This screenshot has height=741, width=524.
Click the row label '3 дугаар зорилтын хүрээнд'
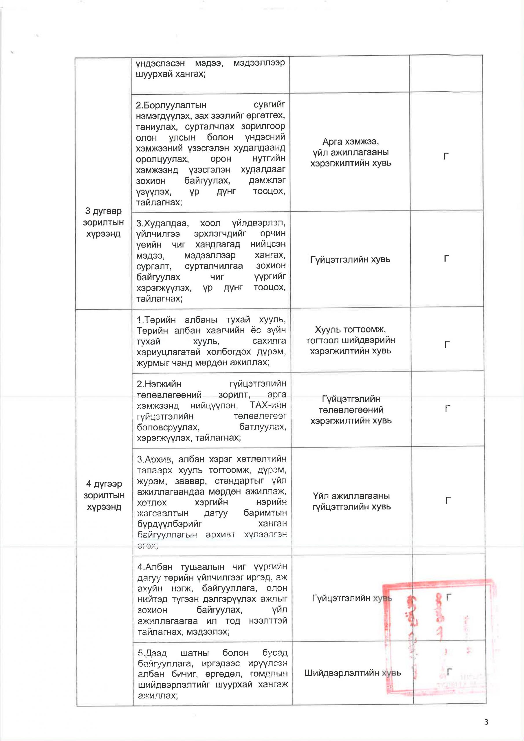click(x=103, y=222)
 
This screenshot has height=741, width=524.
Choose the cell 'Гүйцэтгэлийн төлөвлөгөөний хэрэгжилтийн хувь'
click(x=351, y=410)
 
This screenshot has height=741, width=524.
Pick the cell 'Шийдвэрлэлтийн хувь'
click(x=352, y=673)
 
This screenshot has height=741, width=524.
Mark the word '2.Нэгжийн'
click(x=159, y=384)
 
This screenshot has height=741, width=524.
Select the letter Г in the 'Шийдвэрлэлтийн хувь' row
click(x=449, y=671)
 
